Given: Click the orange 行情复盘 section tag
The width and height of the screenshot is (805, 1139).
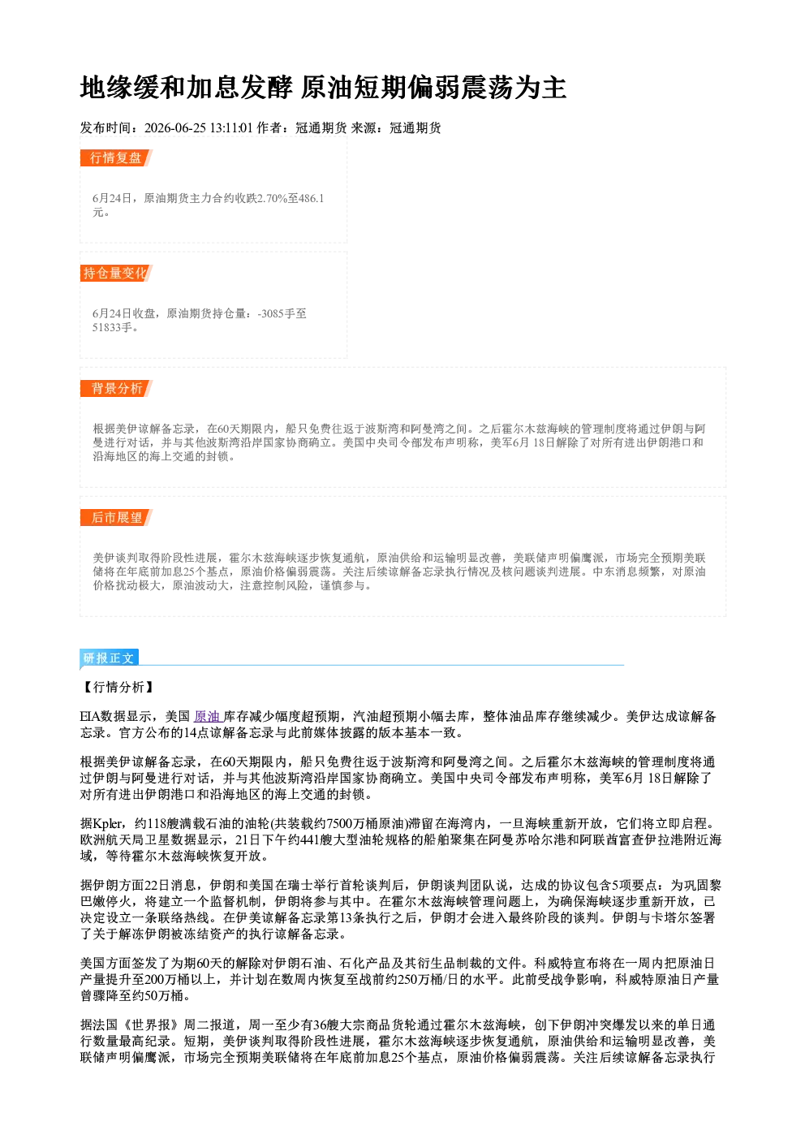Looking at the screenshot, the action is click(x=116, y=157).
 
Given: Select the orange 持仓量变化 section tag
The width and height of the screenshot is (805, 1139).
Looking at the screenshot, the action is click(x=116, y=273).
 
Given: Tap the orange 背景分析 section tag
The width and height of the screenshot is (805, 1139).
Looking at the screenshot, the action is click(x=116, y=389).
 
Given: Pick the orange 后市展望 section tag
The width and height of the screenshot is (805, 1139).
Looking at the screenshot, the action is click(x=116, y=518).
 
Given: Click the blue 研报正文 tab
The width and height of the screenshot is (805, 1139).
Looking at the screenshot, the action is click(x=109, y=658).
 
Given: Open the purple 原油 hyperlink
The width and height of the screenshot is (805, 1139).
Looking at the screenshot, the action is click(x=208, y=717).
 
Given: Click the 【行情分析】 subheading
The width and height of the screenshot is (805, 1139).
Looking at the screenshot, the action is click(x=117, y=688).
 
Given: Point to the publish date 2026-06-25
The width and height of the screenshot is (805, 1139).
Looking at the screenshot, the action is click(x=175, y=127).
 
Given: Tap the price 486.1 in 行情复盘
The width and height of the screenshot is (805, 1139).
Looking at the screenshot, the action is click(x=312, y=198).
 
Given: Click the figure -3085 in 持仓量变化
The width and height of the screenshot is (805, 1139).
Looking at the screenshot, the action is click(x=271, y=313).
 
